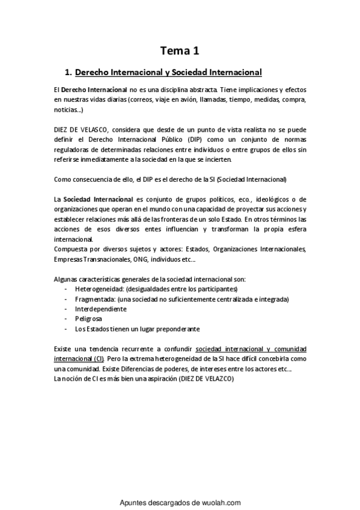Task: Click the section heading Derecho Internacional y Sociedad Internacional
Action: (168, 73)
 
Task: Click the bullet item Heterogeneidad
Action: (96, 289)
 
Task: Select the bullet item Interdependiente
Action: (100, 309)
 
